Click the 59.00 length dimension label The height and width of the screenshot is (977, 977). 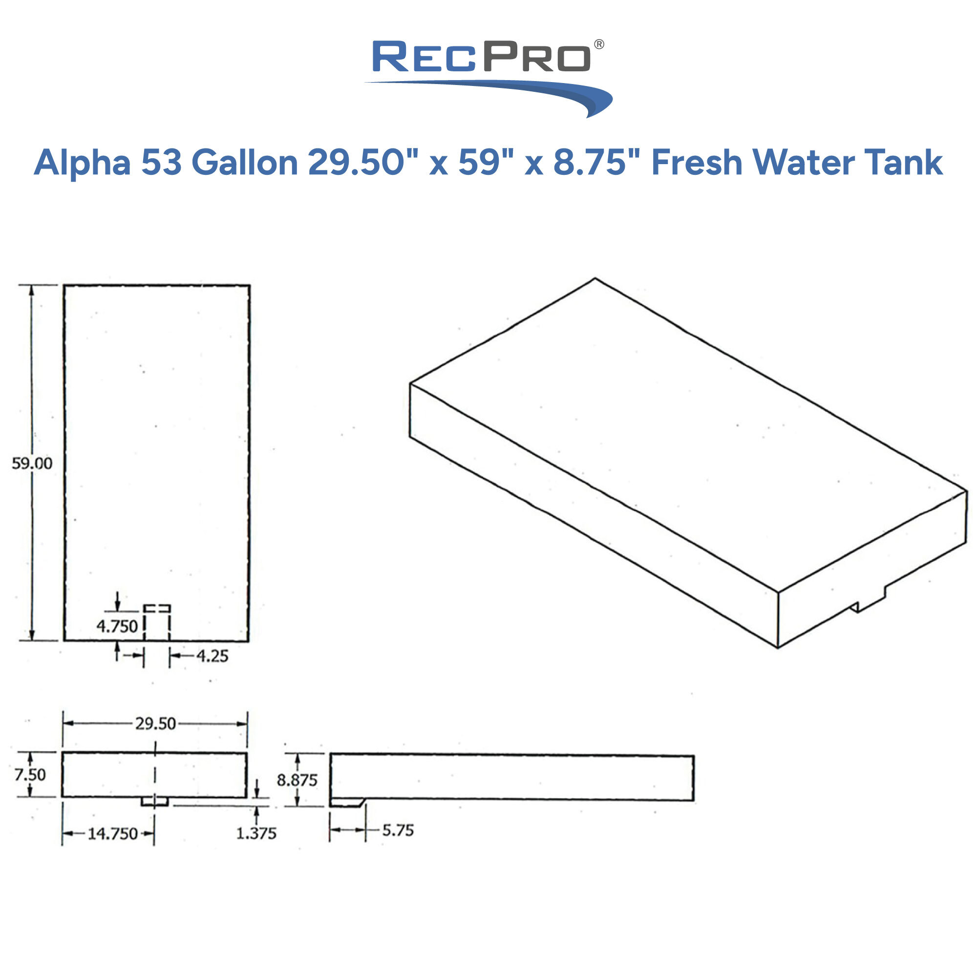click(x=32, y=463)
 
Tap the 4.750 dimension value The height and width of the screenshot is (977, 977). click(x=117, y=627)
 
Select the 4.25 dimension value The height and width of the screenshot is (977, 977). click(x=212, y=657)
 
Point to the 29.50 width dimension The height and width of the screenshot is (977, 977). click(x=155, y=723)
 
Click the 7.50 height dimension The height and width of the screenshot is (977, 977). click(x=29, y=774)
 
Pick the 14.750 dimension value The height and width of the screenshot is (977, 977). click(x=112, y=833)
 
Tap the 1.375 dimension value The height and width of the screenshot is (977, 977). click(x=256, y=833)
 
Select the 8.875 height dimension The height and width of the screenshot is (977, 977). click(x=297, y=780)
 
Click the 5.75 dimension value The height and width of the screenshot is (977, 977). click(x=398, y=830)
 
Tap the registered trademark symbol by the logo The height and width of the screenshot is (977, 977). click(x=599, y=44)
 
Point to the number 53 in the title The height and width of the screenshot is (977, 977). click(x=161, y=163)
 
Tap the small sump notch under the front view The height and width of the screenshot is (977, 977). click(x=155, y=801)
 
